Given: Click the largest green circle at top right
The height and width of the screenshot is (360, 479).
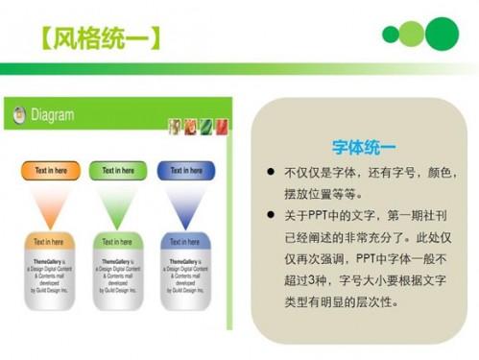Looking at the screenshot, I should (443, 34).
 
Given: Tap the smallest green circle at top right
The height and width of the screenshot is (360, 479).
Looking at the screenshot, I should (389, 36).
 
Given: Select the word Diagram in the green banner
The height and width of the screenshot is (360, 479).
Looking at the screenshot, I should (52, 115).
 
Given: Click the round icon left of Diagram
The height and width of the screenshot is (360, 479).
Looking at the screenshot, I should (18, 115).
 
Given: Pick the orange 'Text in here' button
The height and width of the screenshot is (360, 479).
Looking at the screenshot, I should (51, 171).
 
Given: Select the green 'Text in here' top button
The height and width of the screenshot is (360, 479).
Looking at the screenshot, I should (118, 171).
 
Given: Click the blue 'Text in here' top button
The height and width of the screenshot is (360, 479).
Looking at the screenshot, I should (186, 171).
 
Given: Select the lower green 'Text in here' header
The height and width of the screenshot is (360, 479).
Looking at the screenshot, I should (118, 242).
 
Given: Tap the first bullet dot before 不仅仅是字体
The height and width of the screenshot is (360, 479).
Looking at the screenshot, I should (272, 173).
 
